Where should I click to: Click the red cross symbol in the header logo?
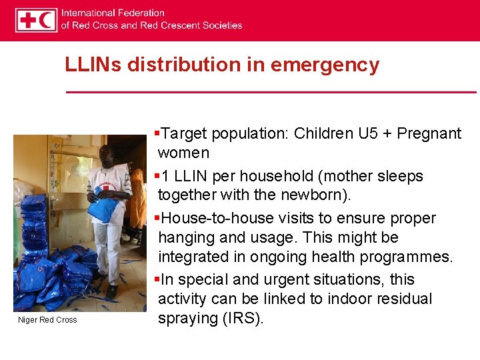pos(27,21)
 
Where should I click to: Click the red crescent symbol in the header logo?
pos(47,21)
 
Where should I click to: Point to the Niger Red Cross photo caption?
pos(47,320)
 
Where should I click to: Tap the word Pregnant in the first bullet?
pos(429,133)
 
